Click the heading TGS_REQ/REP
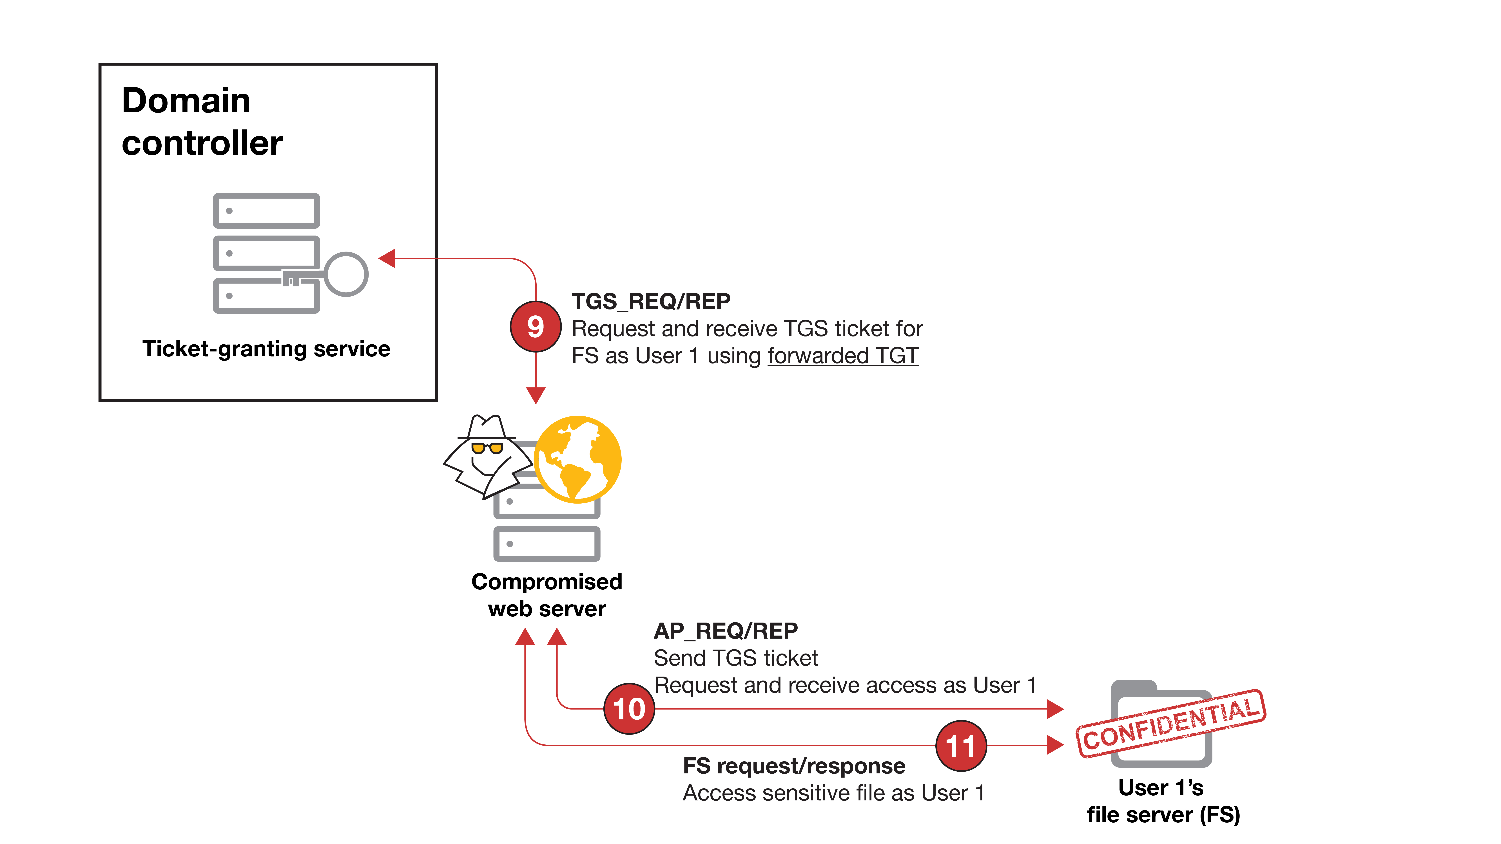coord(651,301)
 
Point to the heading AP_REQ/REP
coord(725,631)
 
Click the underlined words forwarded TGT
coord(843,355)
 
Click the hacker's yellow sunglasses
coord(487,447)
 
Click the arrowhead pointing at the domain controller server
coord(387,258)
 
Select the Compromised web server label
coord(547,595)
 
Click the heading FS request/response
coord(794,766)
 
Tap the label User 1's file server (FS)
coord(1163,801)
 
